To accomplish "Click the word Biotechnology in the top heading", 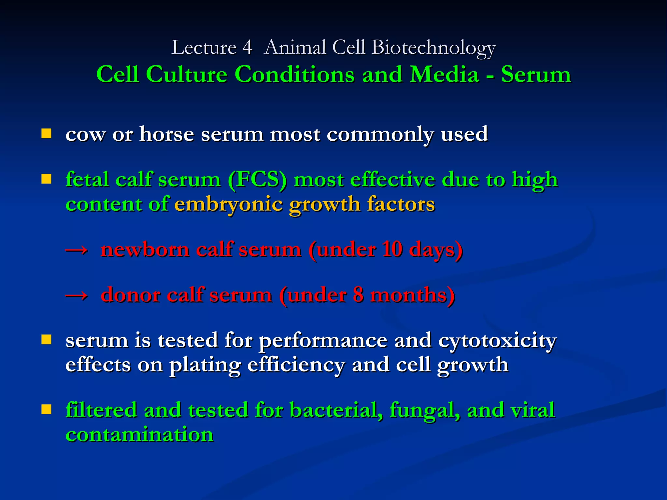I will tap(433, 48).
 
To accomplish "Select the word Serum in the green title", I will tap(536, 75).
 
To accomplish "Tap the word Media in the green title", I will tap(444, 75).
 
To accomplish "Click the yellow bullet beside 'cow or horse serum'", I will tap(47, 133).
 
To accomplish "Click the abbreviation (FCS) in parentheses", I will tap(257, 179).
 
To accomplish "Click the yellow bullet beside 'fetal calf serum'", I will tap(47, 179).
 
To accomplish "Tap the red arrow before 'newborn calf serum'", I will tap(77, 250).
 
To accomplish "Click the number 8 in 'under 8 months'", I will tap(358, 295).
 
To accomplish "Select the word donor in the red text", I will tap(130, 295).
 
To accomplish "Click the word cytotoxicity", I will tap(497, 341).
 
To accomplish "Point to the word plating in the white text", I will tap(205, 365).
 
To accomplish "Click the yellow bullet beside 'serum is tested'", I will tap(47, 340).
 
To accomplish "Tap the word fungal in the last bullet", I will tap(425, 410).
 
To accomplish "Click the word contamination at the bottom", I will tap(139, 435).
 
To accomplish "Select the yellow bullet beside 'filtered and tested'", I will tap(47, 409).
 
